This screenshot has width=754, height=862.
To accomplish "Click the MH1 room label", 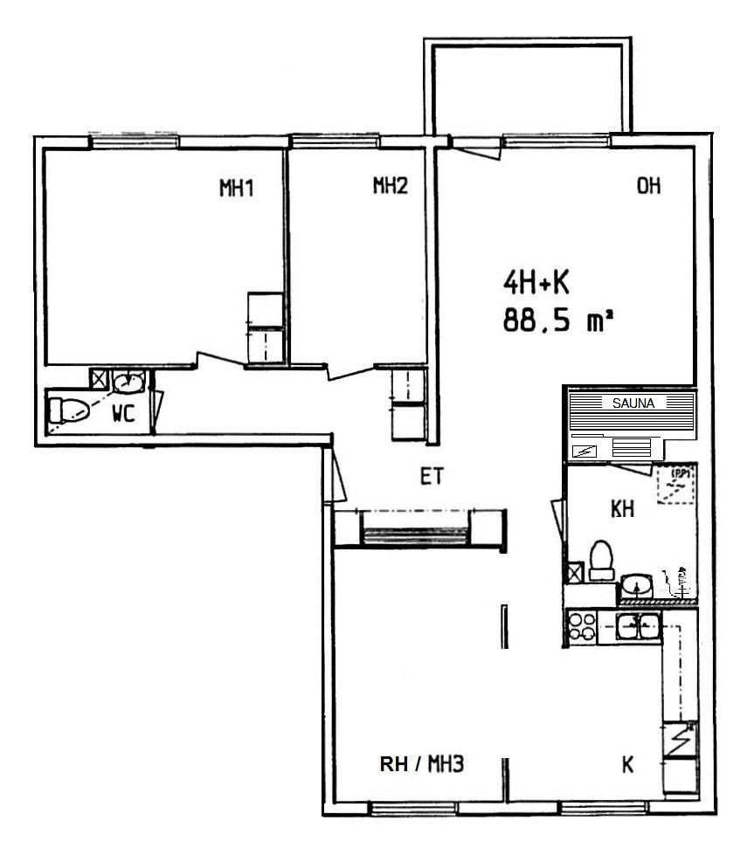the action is (x=237, y=188).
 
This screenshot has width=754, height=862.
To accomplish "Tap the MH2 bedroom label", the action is (x=391, y=186).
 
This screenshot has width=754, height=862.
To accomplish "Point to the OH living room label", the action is (x=648, y=186).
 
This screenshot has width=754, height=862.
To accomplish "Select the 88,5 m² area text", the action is (x=557, y=320).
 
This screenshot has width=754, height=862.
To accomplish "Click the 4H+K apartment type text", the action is (x=536, y=284).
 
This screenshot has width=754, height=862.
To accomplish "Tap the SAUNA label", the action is (x=633, y=403).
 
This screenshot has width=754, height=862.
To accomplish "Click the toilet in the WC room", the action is (x=68, y=410).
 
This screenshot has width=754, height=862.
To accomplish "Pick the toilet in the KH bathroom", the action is (x=601, y=560).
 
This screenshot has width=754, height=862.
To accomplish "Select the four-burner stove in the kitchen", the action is (x=582, y=627).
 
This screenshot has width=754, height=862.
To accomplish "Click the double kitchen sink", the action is (x=638, y=626).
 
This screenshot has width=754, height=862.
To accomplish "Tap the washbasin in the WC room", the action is (x=129, y=382).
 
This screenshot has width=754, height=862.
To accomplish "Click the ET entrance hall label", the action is (x=432, y=477).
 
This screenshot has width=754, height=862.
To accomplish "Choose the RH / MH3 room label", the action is (x=422, y=763).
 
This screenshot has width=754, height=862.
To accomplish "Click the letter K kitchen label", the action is (x=627, y=764).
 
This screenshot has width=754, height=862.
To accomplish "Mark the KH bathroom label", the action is (x=623, y=509).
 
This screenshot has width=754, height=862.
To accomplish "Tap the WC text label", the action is (x=124, y=413).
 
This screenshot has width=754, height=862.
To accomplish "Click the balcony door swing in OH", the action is (x=476, y=148).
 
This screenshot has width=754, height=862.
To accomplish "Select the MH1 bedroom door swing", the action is (x=221, y=358).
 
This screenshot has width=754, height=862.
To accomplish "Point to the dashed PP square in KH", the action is (x=676, y=486).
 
